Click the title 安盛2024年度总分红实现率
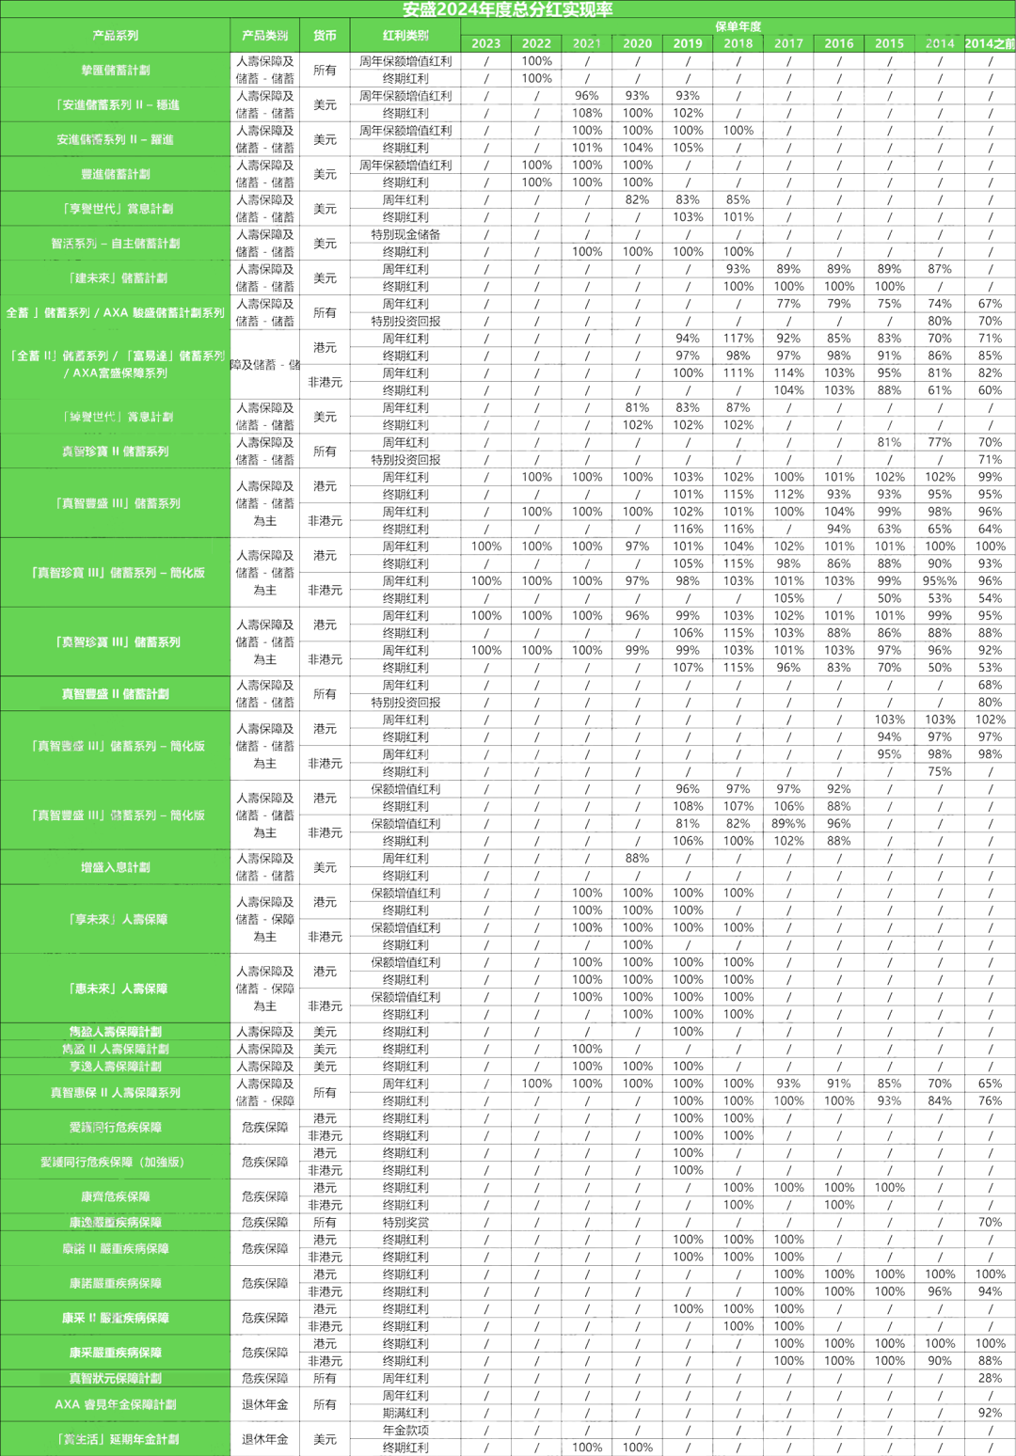[507, 9]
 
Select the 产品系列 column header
[115, 36]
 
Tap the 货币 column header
[325, 36]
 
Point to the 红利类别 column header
[405, 36]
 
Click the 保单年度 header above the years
[738, 26]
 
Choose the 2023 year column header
[485, 43]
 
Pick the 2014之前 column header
[990, 43]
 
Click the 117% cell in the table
[738, 339]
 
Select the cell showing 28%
[990, 1378]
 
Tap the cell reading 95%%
[939, 581]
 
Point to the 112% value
[788, 495]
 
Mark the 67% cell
[990, 304]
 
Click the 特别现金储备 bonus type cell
[405, 234]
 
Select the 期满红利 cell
[405, 1413]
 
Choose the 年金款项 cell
[405, 1430]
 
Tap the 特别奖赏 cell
[405, 1222]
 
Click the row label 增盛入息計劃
[115, 867]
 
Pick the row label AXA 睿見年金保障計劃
[115, 1404]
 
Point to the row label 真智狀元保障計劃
[115, 1378]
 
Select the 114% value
[788, 373]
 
